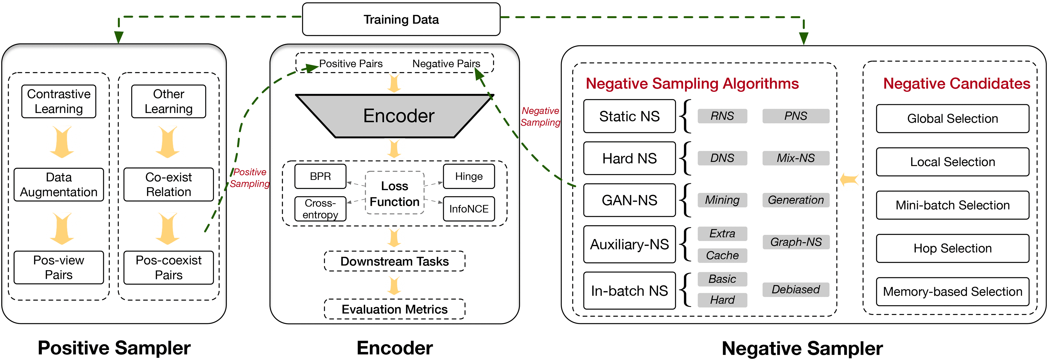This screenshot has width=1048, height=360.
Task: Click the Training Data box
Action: pos(401,19)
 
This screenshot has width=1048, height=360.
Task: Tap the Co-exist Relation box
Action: pos(168,184)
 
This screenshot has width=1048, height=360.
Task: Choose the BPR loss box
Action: pos(320,176)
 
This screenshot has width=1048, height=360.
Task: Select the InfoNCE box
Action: pos(469,209)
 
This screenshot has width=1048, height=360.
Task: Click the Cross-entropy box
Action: pos(320,209)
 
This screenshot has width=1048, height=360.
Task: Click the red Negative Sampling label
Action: pos(540,116)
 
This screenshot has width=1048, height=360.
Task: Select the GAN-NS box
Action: pos(629,200)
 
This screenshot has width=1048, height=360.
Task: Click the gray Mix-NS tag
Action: pos(795,158)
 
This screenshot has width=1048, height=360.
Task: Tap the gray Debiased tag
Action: pos(795,289)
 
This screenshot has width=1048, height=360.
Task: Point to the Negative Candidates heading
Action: pos(956,83)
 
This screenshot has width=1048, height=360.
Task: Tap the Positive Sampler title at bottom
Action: pos(114,348)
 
